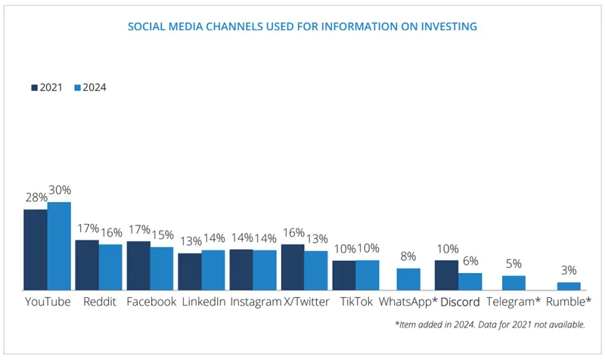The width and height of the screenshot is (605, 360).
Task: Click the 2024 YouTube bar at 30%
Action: [x=59, y=246]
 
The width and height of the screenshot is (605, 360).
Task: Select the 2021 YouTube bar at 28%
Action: [x=36, y=250]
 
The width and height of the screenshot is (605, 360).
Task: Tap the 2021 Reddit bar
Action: [x=87, y=265]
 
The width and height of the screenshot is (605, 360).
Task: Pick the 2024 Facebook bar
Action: [x=162, y=268]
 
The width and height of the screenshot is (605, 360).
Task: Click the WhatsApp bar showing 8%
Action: [x=408, y=279]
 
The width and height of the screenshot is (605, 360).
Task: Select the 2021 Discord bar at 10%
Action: [x=446, y=275]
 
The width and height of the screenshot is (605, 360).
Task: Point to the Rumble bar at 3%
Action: [x=569, y=286]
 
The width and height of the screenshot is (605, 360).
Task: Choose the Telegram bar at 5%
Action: [x=514, y=283]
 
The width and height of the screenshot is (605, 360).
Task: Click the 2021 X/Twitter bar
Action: [x=293, y=267]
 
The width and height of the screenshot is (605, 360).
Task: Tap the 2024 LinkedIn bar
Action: [x=213, y=270]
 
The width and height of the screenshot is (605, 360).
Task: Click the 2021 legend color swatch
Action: [x=34, y=88]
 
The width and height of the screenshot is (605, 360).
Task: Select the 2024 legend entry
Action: [x=90, y=88]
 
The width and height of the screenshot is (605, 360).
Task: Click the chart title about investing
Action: [x=302, y=27]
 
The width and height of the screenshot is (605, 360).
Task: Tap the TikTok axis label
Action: [x=355, y=302]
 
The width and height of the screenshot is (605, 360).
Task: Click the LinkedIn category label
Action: [x=202, y=302]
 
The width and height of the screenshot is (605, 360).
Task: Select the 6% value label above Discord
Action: [x=470, y=262]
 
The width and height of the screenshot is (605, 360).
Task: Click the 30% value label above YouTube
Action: [x=60, y=192]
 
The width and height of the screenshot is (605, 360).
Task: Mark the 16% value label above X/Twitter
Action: [x=292, y=233]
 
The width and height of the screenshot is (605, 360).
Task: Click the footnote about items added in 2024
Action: [x=490, y=324]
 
